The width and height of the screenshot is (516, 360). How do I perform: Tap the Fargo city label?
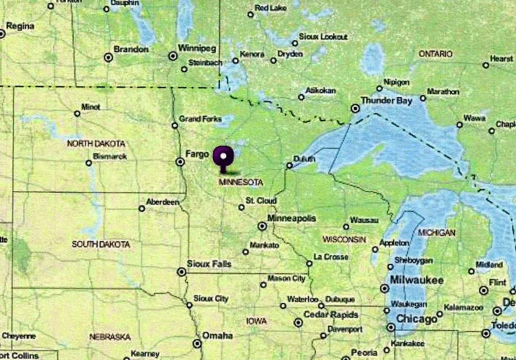pyautogui.click(x=197, y=154)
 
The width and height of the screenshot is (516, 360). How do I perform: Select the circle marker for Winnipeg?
pyautogui.click(x=173, y=56)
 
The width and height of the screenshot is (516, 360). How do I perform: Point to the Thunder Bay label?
pyautogui.click(x=386, y=101)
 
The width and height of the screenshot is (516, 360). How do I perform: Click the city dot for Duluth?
pyautogui.click(x=290, y=165)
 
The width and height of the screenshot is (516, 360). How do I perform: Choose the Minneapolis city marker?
pyautogui.click(x=262, y=227)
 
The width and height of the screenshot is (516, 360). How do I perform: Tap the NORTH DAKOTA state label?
pyautogui.click(x=96, y=143)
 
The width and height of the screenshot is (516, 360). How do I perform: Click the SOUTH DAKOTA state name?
pyautogui.click(x=101, y=244)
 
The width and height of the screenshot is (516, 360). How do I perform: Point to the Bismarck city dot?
pyautogui.click(x=89, y=163)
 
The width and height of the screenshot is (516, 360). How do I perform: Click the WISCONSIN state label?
pyautogui.click(x=345, y=239)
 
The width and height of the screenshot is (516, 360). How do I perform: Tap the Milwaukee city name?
pyautogui.click(x=417, y=280)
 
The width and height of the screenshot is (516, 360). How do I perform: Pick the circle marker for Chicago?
pyautogui.click(x=391, y=327)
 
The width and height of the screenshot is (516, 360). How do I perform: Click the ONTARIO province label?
pyautogui.click(x=436, y=54)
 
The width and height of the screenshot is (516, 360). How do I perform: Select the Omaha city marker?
pyautogui.click(x=197, y=343)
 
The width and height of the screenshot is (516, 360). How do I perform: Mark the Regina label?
pyautogui.click(x=21, y=26)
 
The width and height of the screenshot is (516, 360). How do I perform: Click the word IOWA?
pyautogui.click(x=256, y=321)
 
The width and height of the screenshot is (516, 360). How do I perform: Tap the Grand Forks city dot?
pyautogui.click(x=175, y=125)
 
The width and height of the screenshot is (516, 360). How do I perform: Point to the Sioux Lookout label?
pyautogui.click(x=323, y=37)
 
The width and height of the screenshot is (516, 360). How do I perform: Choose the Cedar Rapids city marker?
pyautogui.click(x=298, y=323)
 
